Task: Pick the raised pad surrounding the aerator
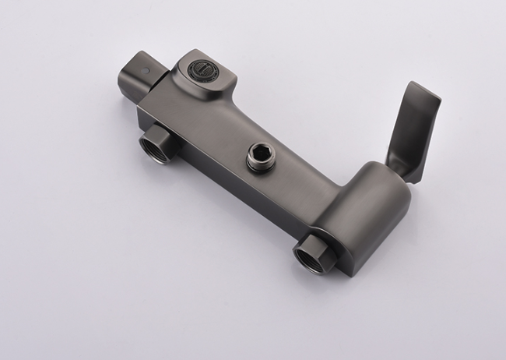click(x=204, y=74)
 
